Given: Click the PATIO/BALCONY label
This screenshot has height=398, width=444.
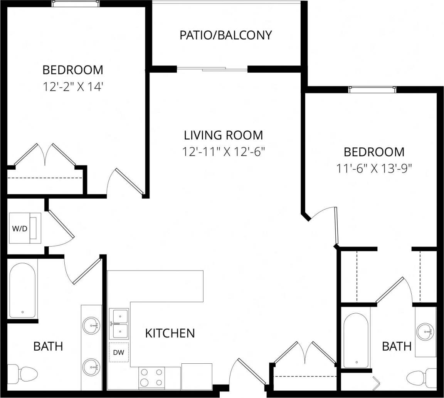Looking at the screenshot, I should point(225,35).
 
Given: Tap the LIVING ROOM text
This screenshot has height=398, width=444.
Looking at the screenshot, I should point(224,135).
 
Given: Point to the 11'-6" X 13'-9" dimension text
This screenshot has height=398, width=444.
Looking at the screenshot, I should point(374,169).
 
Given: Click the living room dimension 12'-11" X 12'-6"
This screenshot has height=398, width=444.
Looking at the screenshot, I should point(225,152).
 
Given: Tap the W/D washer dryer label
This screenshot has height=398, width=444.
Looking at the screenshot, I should point(20,229).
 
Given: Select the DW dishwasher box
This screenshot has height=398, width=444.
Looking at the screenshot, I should point(118,352).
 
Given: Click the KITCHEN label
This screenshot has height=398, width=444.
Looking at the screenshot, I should point(170,333).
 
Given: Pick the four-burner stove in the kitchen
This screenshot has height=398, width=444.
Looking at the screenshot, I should point(151,377).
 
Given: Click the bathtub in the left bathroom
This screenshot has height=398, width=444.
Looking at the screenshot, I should point(22,289).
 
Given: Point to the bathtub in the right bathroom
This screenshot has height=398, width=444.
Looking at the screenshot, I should point(356,341).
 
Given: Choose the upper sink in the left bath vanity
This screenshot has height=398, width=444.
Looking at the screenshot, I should point(92,325).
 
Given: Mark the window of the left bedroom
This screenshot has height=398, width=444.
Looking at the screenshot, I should point(76,3).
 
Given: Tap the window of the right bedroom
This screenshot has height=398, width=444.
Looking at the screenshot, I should point(372,90).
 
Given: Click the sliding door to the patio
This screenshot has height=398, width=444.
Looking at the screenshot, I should point(212,69).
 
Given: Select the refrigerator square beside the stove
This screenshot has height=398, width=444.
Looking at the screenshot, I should point(197,376).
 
